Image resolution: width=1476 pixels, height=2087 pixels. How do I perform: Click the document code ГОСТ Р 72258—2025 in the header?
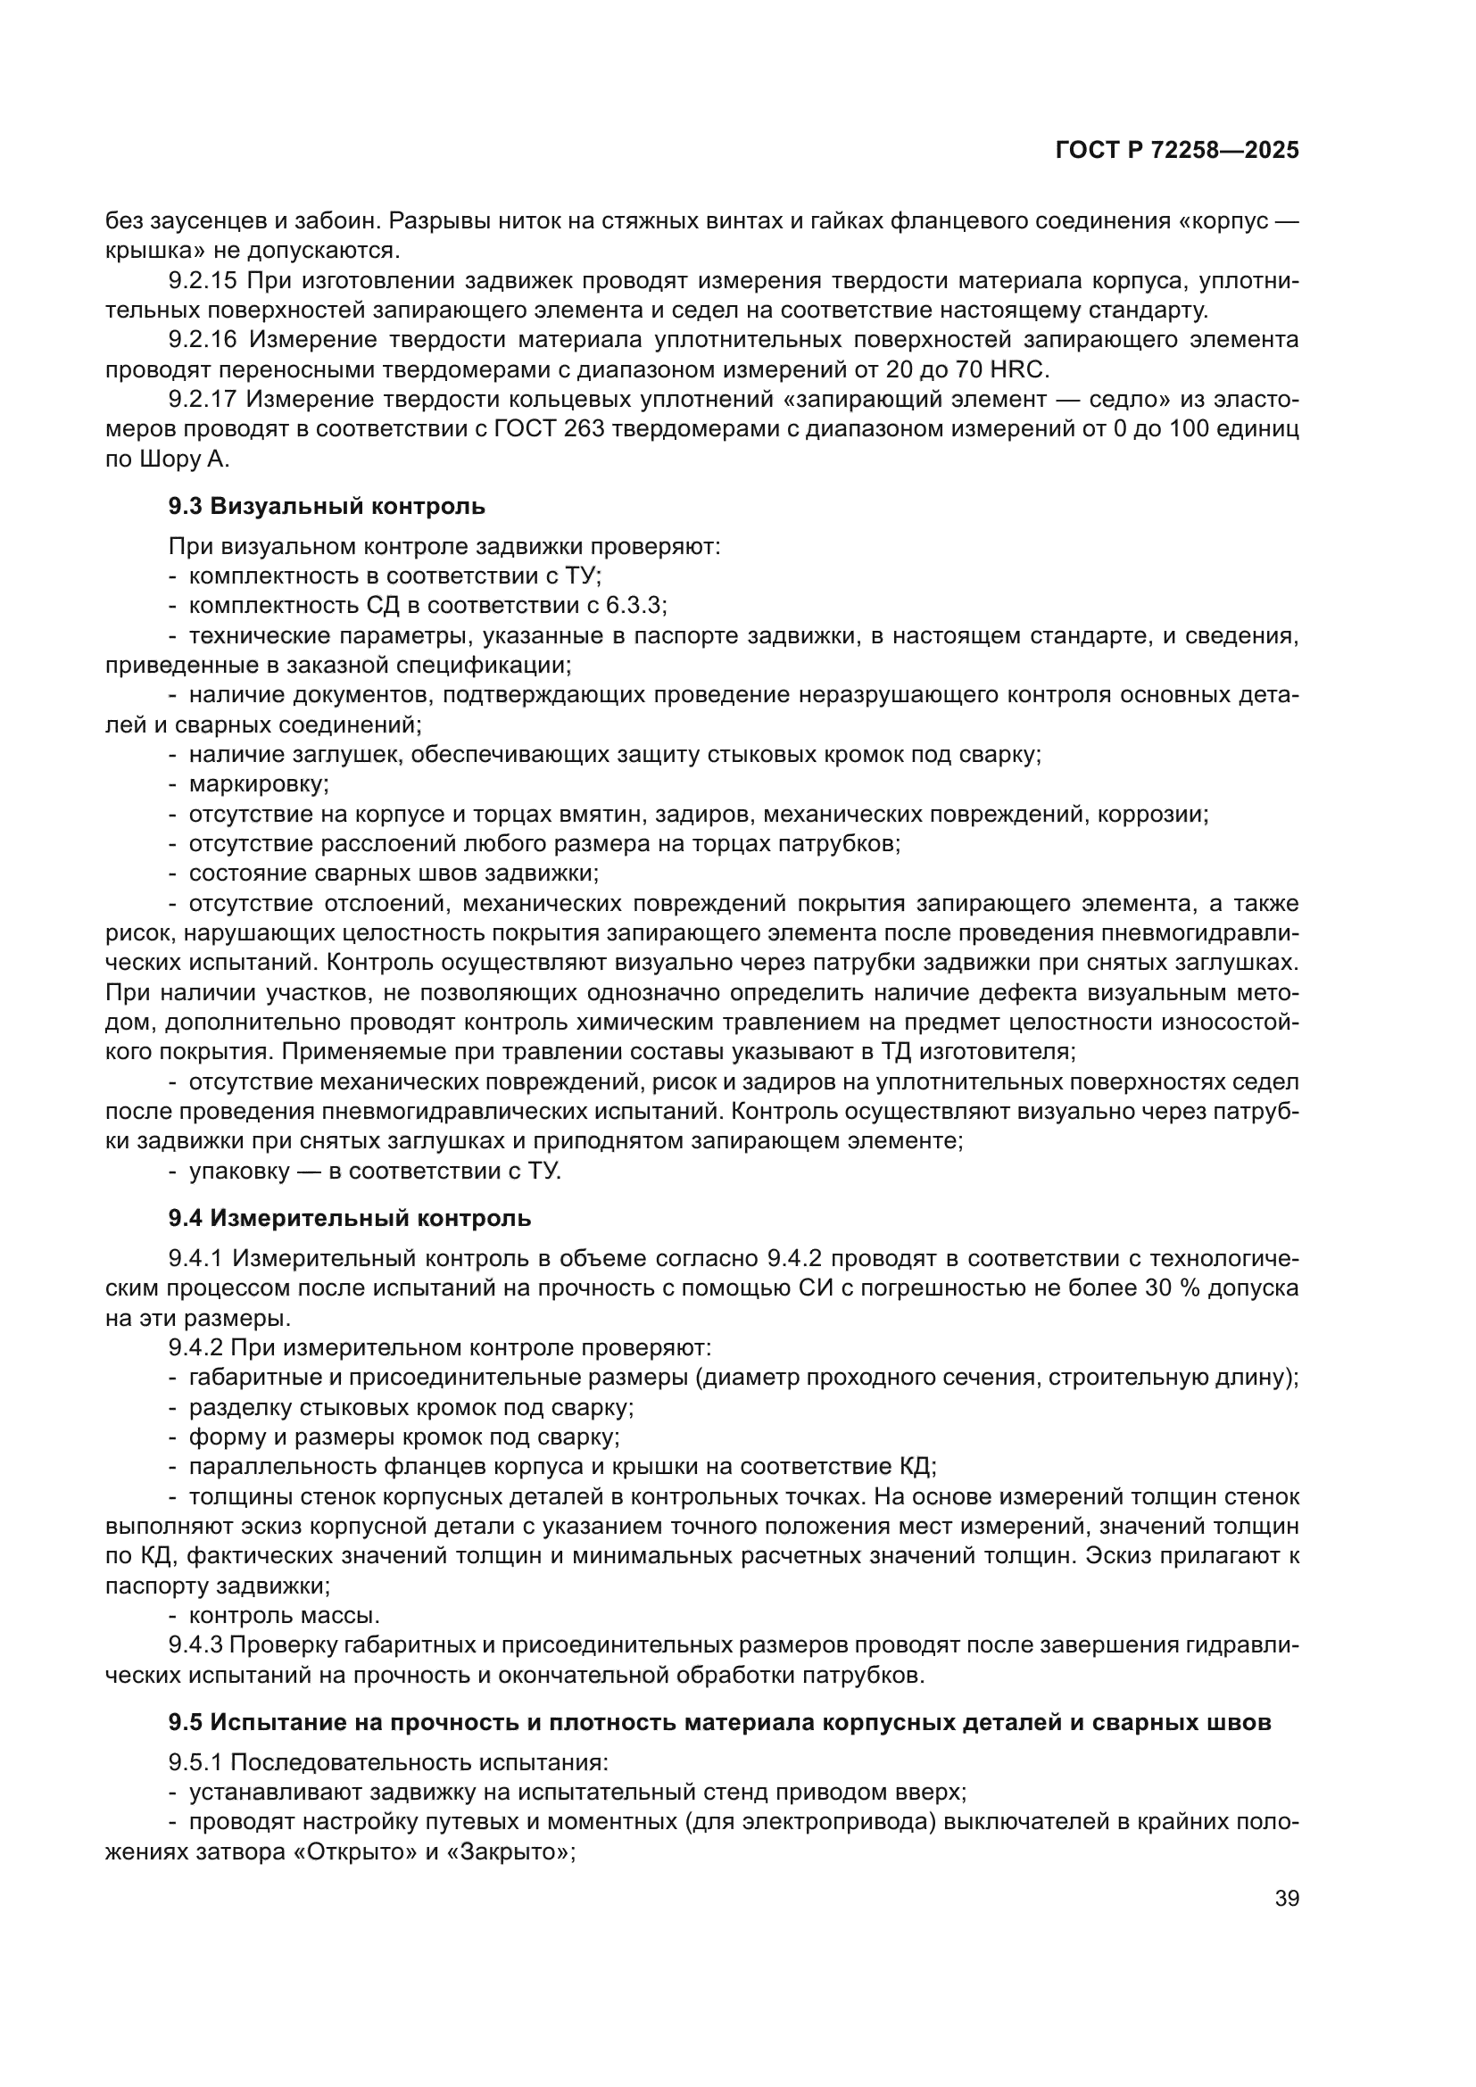tap(1177, 151)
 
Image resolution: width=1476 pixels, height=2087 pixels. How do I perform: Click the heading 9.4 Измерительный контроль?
tap(349, 1218)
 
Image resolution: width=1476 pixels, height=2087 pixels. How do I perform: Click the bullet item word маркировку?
tap(258, 783)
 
